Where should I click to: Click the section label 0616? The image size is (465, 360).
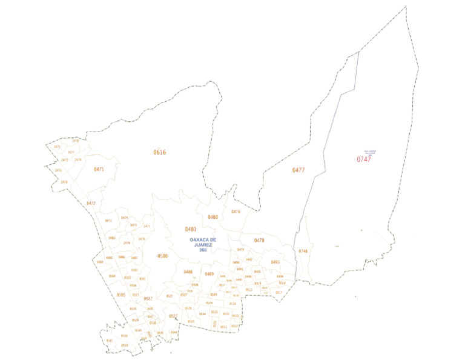(159, 152)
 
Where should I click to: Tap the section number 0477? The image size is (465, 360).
(298, 170)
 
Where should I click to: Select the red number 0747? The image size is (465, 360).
(363, 159)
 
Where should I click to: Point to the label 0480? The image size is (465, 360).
(213, 217)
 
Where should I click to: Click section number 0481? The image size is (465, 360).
(191, 229)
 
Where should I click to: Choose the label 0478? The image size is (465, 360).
(259, 241)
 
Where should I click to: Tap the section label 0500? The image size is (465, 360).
(162, 256)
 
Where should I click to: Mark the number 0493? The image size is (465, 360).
(275, 262)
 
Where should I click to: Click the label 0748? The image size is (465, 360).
(303, 251)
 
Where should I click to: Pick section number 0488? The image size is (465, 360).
(188, 272)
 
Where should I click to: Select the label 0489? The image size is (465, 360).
(209, 274)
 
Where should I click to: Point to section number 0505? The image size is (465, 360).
(120, 295)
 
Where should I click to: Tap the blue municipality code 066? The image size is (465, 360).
(203, 250)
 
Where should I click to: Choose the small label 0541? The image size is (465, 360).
(110, 341)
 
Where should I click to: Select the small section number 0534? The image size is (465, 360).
(202, 313)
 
